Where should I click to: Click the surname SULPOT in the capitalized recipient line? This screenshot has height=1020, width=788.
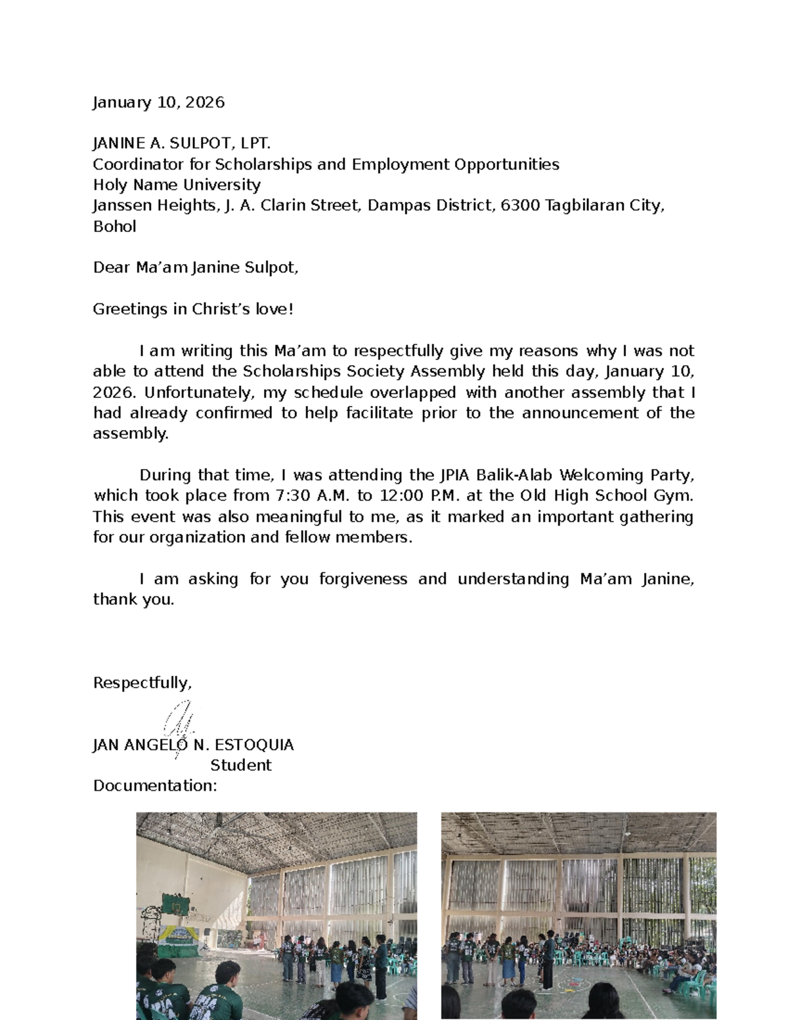point(201,143)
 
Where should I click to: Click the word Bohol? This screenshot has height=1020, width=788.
point(114,227)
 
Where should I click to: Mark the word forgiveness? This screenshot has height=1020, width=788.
point(362,579)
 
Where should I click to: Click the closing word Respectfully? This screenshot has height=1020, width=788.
point(142,683)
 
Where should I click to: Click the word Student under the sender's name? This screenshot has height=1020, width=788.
point(240,765)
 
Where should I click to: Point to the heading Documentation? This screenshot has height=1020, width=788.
point(154,786)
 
